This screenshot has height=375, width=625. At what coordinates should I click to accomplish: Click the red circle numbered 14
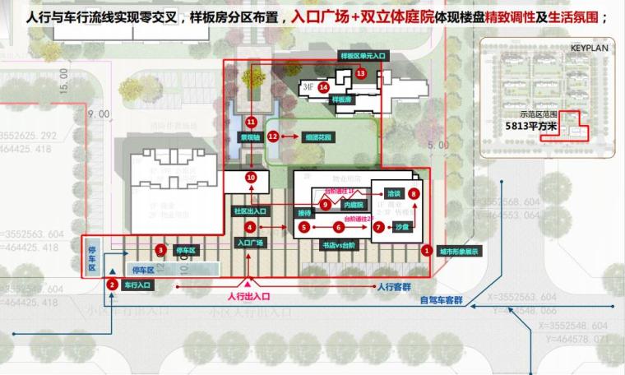tap(324, 86)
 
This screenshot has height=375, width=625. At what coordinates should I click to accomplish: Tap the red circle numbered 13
tap(361, 73)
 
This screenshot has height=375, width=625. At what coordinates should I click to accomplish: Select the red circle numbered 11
tap(251, 123)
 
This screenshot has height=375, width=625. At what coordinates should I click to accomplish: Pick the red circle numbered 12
tap(274, 137)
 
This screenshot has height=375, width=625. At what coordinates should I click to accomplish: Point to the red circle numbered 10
tap(252, 177)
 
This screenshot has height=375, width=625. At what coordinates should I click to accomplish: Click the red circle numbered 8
tap(414, 192)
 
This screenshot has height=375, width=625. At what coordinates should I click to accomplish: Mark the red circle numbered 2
tap(111, 285)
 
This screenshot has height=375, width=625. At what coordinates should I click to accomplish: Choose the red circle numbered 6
tap(337, 227)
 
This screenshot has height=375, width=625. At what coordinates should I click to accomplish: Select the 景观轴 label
tap(251, 137)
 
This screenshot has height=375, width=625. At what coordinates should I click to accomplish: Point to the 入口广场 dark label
tap(251, 243)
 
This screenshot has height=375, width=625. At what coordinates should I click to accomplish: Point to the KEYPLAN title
tap(587, 49)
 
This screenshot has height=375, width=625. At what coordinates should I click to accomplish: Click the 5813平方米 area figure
tap(532, 127)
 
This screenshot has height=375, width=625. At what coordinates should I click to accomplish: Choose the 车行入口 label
tap(137, 285)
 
